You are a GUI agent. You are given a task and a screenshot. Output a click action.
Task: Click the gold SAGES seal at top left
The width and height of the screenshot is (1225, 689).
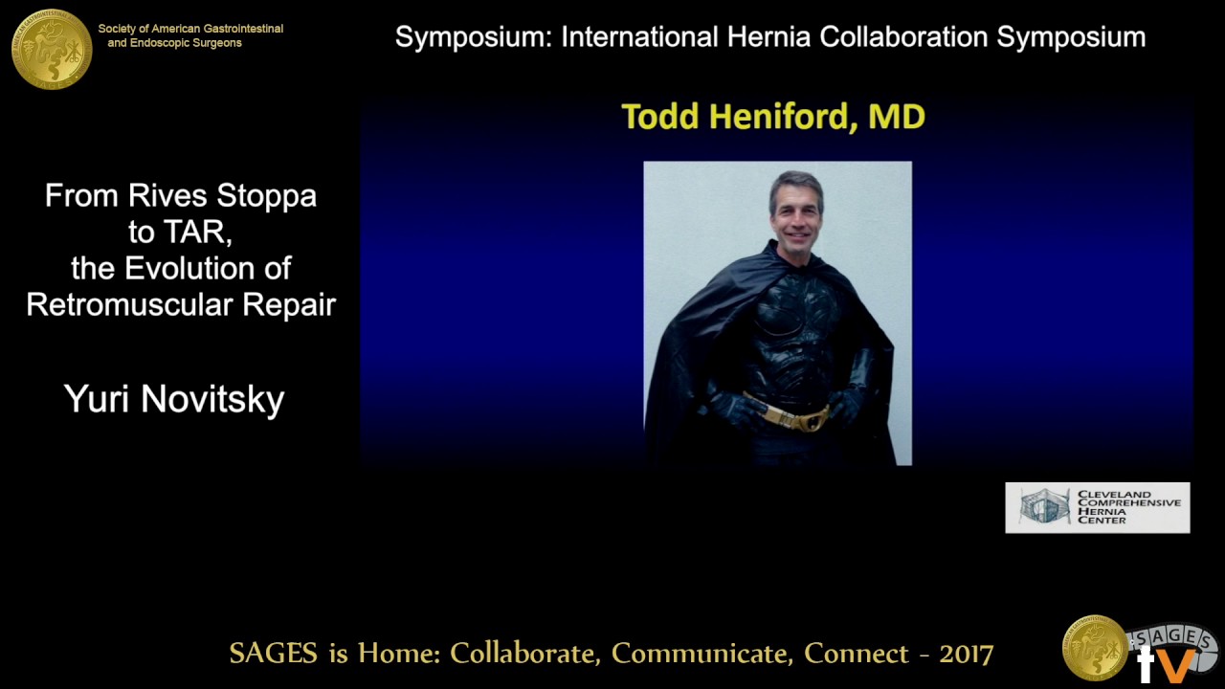(52, 49)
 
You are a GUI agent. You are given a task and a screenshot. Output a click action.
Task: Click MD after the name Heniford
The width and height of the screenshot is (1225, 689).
(896, 117)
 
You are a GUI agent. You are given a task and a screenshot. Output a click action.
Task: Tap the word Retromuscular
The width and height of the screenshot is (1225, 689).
(130, 305)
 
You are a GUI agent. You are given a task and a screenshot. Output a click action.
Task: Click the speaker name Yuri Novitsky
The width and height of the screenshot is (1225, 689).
(174, 399)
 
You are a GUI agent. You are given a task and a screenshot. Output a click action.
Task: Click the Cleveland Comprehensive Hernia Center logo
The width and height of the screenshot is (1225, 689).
(1097, 507)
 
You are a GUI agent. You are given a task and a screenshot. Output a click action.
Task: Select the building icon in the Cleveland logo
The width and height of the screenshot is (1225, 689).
(1043, 507)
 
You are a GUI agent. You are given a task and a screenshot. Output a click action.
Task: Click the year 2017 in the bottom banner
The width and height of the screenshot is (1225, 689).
(967, 654)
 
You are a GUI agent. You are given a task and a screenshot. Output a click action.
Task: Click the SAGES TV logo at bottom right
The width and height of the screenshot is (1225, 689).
(1139, 650)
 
